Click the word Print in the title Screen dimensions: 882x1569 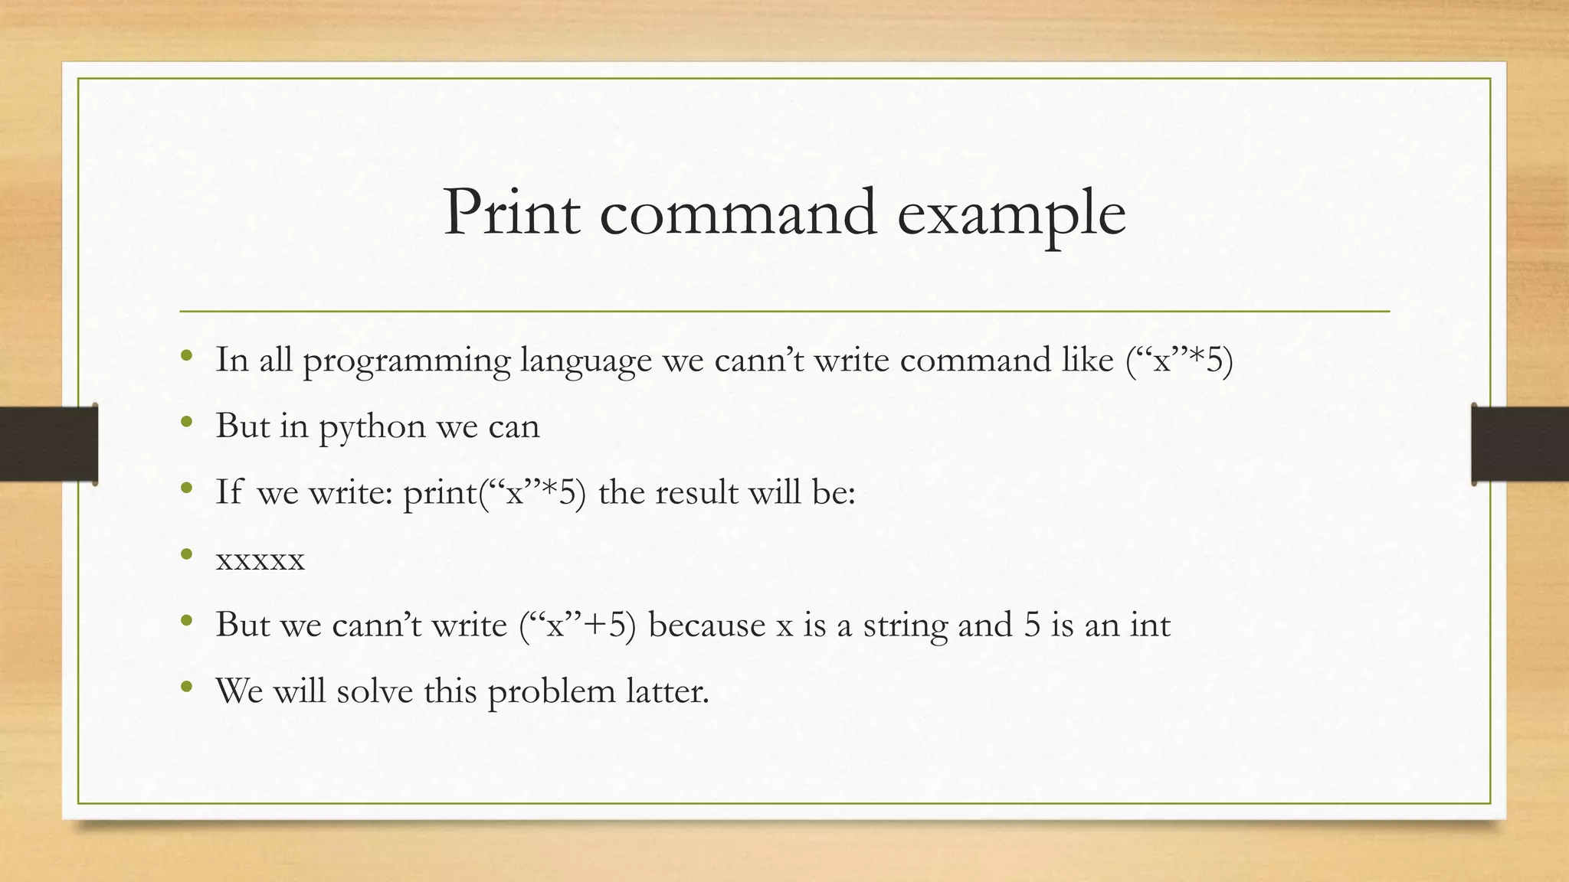click(x=511, y=212)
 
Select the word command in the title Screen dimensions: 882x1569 click(x=738, y=212)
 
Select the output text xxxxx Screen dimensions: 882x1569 click(x=260, y=560)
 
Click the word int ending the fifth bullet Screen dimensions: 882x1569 click(x=1150, y=625)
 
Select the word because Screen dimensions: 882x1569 click(x=706, y=625)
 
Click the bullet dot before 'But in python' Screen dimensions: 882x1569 click(x=186, y=423)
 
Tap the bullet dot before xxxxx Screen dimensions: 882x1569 click(x=186, y=554)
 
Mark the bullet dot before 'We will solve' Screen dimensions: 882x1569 click(x=186, y=687)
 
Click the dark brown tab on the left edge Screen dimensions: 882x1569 click(x=48, y=444)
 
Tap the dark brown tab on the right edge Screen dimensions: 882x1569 click(x=1520, y=444)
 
